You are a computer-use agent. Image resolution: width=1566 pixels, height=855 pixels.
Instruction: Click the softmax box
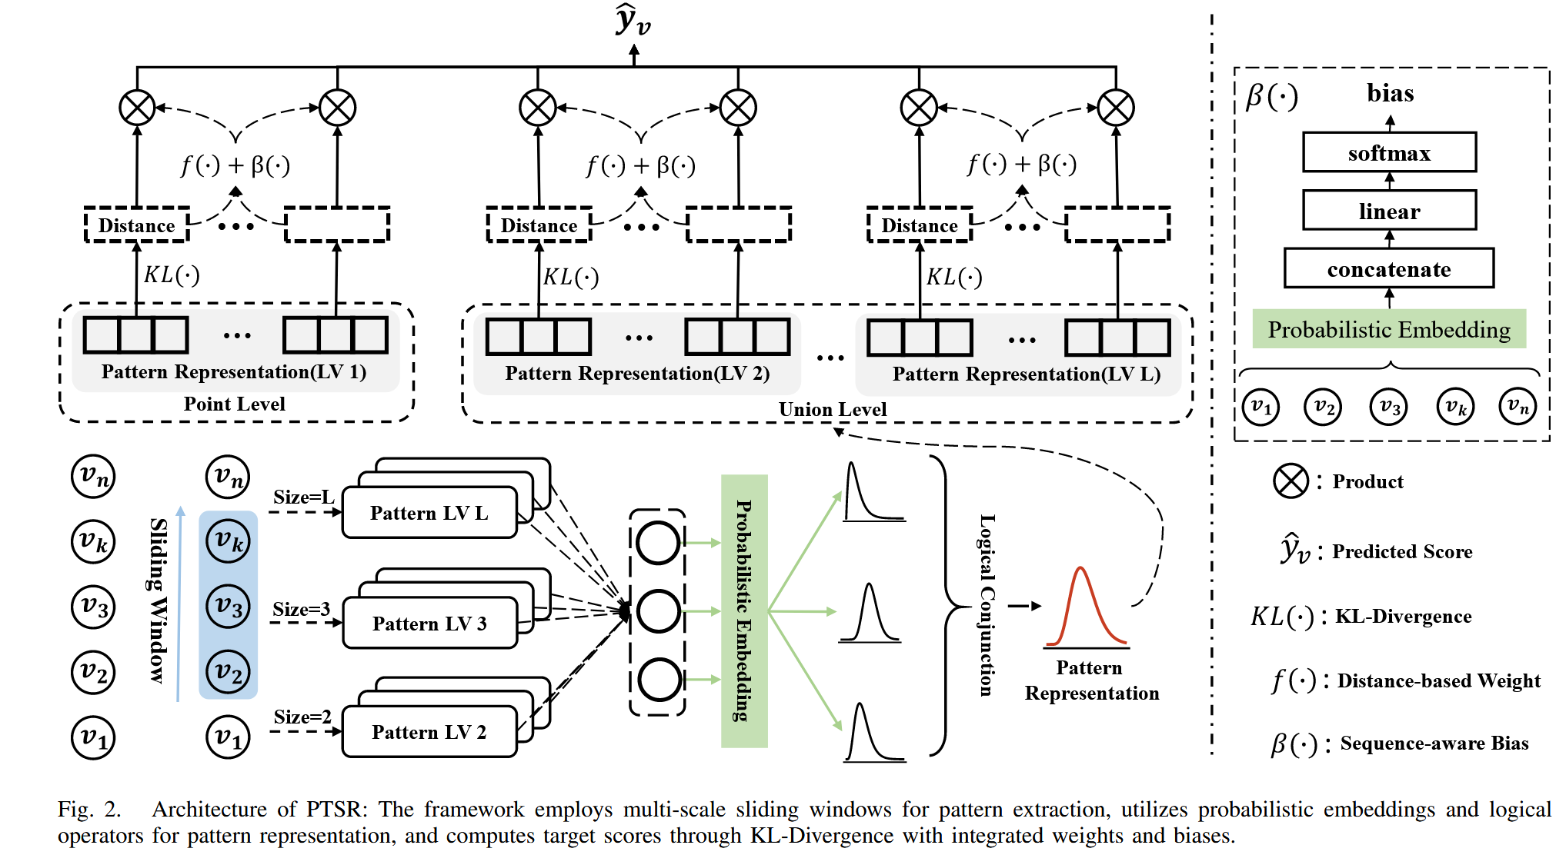[1389, 152]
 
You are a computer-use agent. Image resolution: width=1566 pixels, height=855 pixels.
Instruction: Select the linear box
[1389, 211]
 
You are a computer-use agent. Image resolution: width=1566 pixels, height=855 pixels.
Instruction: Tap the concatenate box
[1389, 268]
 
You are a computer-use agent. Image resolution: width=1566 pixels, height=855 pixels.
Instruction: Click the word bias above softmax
[1390, 93]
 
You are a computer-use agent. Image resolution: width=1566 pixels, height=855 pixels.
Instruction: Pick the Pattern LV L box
[429, 513]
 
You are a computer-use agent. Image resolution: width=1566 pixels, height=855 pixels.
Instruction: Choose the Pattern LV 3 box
[429, 623]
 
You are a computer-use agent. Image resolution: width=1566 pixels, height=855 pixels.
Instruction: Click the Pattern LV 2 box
[429, 732]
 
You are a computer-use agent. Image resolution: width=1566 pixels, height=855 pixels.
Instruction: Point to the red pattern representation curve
[1084, 607]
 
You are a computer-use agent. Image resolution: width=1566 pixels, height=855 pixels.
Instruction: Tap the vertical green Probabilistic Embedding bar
[744, 611]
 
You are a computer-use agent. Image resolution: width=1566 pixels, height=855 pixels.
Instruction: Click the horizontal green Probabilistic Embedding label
[1389, 329]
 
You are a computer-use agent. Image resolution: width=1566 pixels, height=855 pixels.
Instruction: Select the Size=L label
[303, 497]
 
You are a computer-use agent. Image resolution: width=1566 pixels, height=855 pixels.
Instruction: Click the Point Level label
[234, 404]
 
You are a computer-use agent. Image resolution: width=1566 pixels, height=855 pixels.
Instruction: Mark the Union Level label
[833, 409]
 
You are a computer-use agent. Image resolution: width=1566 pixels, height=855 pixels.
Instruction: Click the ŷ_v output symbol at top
[633, 21]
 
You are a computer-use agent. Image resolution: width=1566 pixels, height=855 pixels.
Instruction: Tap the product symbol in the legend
[1291, 481]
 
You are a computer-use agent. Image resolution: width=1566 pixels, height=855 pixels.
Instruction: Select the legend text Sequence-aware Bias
[1434, 744]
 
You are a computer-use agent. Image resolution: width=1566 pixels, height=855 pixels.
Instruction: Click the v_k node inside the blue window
[228, 541]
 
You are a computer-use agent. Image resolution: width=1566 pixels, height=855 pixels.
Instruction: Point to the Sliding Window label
[158, 600]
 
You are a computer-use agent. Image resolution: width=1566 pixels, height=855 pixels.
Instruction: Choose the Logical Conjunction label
[987, 605]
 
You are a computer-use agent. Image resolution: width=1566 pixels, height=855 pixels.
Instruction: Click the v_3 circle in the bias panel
[1388, 407]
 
